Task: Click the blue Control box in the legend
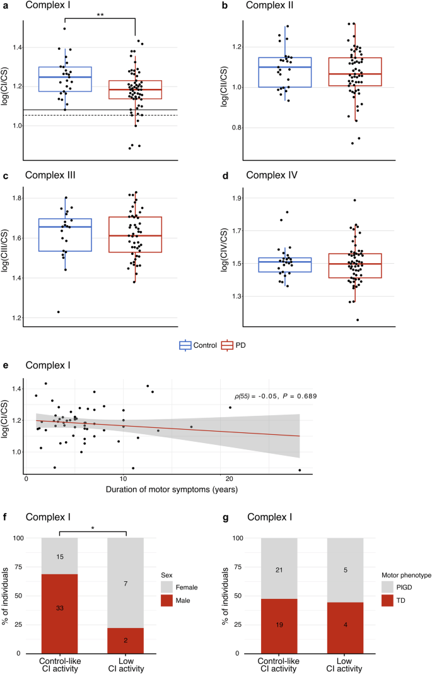coord(185,345)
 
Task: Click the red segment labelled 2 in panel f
coord(127,640)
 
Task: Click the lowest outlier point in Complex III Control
coord(59,312)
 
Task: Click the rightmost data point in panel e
coord(300,470)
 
